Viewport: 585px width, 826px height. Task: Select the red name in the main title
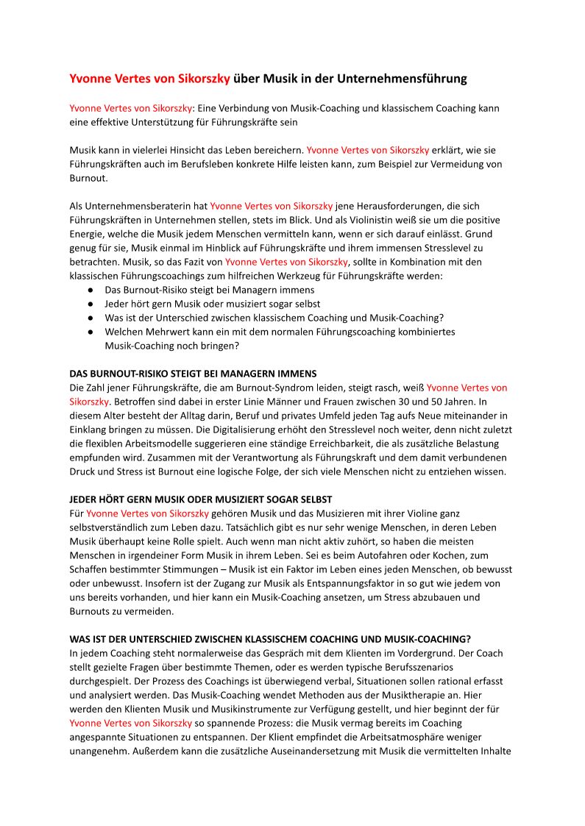149,78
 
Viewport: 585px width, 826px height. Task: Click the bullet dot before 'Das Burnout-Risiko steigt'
90,290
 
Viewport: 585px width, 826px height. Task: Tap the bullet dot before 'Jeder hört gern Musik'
90,304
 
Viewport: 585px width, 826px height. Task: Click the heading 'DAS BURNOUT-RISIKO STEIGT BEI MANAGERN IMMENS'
193,374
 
